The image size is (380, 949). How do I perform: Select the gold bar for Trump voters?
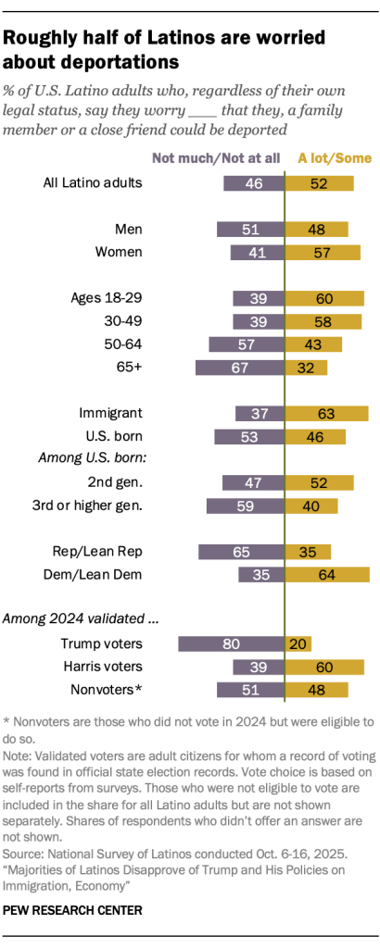click(x=298, y=643)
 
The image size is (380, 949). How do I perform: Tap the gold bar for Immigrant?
click(x=326, y=413)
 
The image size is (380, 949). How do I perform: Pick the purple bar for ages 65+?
click(x=239, y=368)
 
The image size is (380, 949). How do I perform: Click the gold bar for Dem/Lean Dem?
click(x=327, y=574)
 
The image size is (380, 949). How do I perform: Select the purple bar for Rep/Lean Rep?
click(x=241, y=551)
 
